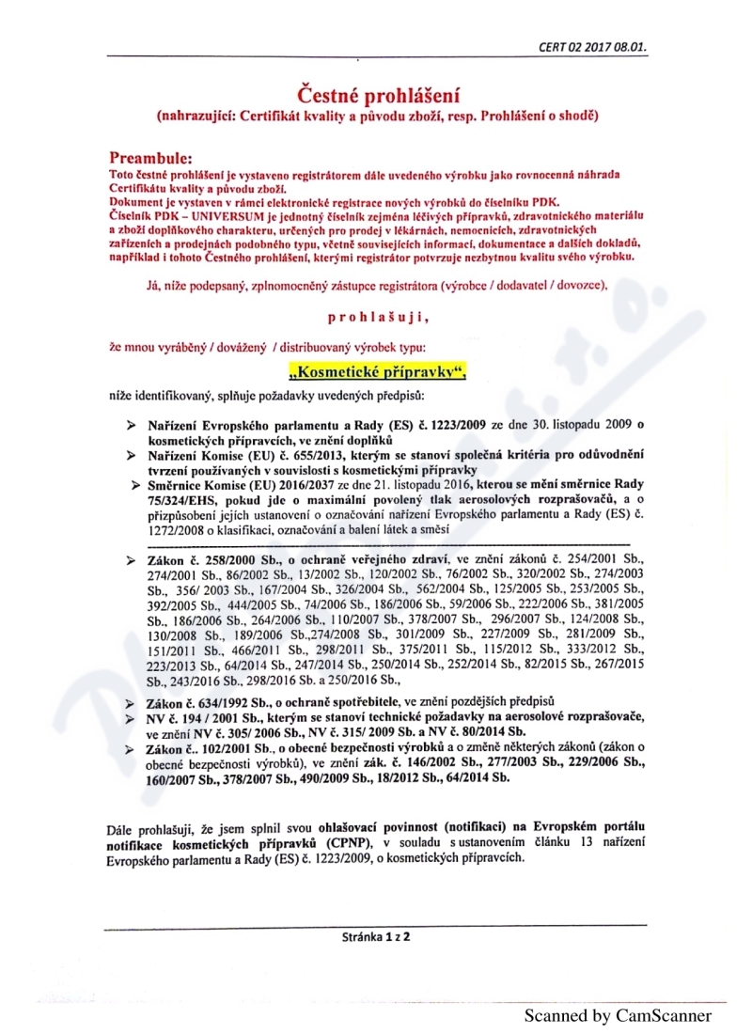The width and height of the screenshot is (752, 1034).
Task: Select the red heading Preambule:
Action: [151, 157]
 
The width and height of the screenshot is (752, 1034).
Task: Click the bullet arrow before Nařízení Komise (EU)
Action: [134, 455]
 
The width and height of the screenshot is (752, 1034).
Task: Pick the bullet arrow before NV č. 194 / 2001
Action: [134, 718]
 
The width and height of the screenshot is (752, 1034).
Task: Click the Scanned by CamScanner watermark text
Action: [618, 1015]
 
